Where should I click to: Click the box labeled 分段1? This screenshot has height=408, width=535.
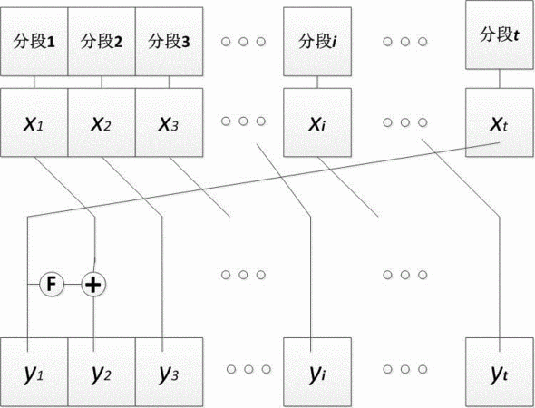34,42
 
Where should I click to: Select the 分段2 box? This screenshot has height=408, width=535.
102,42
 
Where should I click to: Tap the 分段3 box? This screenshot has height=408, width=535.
170,42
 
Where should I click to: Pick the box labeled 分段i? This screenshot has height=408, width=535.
317,42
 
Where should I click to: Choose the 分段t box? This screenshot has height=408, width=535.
500,34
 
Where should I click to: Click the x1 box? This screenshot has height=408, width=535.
34,122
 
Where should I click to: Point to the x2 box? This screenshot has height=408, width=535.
102,122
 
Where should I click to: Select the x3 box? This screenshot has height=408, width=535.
170,122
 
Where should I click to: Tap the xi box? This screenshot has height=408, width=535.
317,122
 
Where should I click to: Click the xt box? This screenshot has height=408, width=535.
500,122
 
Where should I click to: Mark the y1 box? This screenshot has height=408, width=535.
34,372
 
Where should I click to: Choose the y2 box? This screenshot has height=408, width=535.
102,372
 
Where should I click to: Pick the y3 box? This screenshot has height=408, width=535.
170,372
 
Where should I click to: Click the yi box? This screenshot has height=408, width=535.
317,372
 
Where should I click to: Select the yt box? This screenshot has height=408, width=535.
500,372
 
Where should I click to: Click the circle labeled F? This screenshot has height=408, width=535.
52,284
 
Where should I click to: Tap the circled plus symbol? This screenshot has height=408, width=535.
93,284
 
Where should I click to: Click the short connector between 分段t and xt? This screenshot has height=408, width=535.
500,79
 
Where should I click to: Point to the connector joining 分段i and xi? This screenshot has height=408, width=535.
317,82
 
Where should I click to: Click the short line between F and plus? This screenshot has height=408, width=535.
73,284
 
